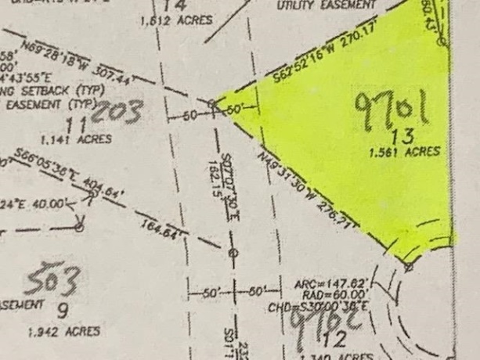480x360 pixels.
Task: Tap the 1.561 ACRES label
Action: pos(405,152)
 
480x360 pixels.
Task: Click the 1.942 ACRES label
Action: pos(63,332)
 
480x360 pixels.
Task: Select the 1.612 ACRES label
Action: pos(176,20)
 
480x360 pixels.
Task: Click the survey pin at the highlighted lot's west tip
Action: pos(212,103)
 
